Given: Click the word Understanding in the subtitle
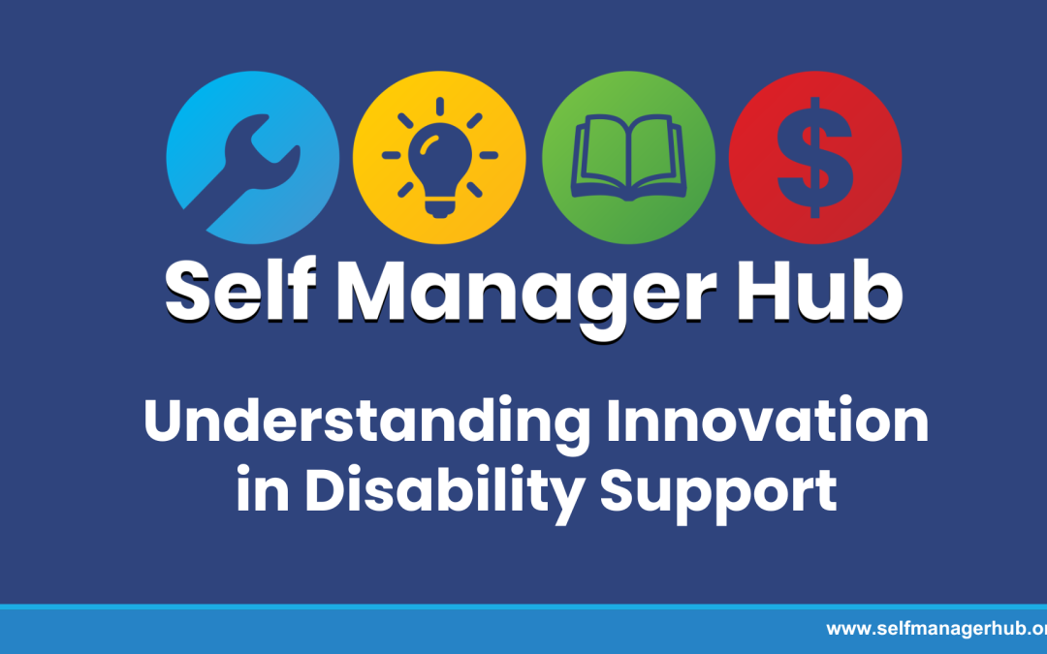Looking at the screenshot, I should (365, 423).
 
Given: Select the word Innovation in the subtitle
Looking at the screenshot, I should (764, 423).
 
